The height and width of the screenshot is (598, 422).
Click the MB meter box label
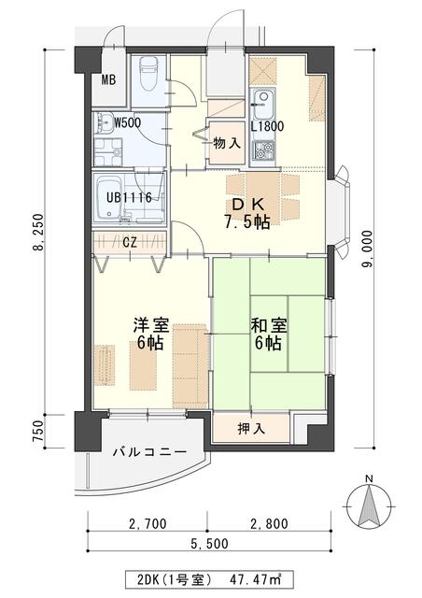coord(108,79)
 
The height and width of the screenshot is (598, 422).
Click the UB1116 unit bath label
coord(122,197)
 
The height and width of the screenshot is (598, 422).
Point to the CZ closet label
coord(131,241)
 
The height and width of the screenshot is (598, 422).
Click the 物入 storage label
coord(226,143)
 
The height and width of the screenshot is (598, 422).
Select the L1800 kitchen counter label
coord(268,127)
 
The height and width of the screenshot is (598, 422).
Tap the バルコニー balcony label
coord(148,453)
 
